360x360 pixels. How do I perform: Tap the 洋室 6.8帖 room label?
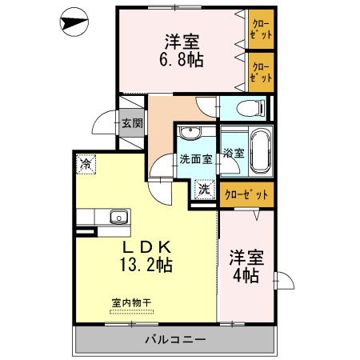pyautogui.click(x=183, y=49)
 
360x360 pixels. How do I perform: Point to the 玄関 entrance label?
pyautogui.click(x=133, y=123)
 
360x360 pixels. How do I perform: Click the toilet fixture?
pyautogui.click(x=247, y=108)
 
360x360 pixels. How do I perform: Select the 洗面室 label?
pyautogui.click(x=195, y=158)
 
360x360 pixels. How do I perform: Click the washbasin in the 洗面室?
pyautogui.click(x=190, y=134)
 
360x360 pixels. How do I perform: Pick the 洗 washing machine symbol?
pyautogui.click(x=205, y=190)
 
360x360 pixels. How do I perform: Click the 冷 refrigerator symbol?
pyautogui.click(x=86, y=164)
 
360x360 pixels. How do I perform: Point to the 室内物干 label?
pyautogui.click(x=131, y=303)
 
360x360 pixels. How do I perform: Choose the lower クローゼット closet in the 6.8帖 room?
pyautogui.click(x=260, y=71)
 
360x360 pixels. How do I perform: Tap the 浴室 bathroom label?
pyautogui.click(x=234, y=152)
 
